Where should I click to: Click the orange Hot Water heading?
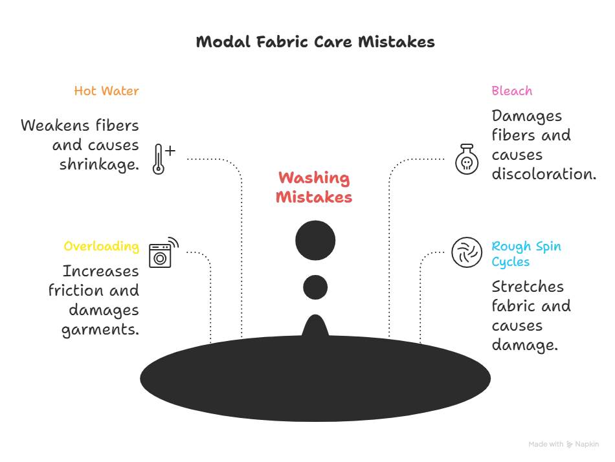tap(106, 92)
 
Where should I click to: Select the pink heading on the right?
tap(511, 91)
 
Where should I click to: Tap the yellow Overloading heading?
tap(101, 247)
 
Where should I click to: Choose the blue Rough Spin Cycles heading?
tap(527, 255)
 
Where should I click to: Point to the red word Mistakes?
tap(314, 198)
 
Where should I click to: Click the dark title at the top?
tap(314, 43)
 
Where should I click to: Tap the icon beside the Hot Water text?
tap(162, 157)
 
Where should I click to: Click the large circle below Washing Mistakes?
tap(315, 240)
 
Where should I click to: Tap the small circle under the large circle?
tap(316, 287)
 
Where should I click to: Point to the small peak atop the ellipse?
tap(316, 322)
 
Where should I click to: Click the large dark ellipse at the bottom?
tap(316, 379)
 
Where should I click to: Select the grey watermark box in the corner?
tap(564, 445)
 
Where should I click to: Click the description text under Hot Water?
tap(80, 144)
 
